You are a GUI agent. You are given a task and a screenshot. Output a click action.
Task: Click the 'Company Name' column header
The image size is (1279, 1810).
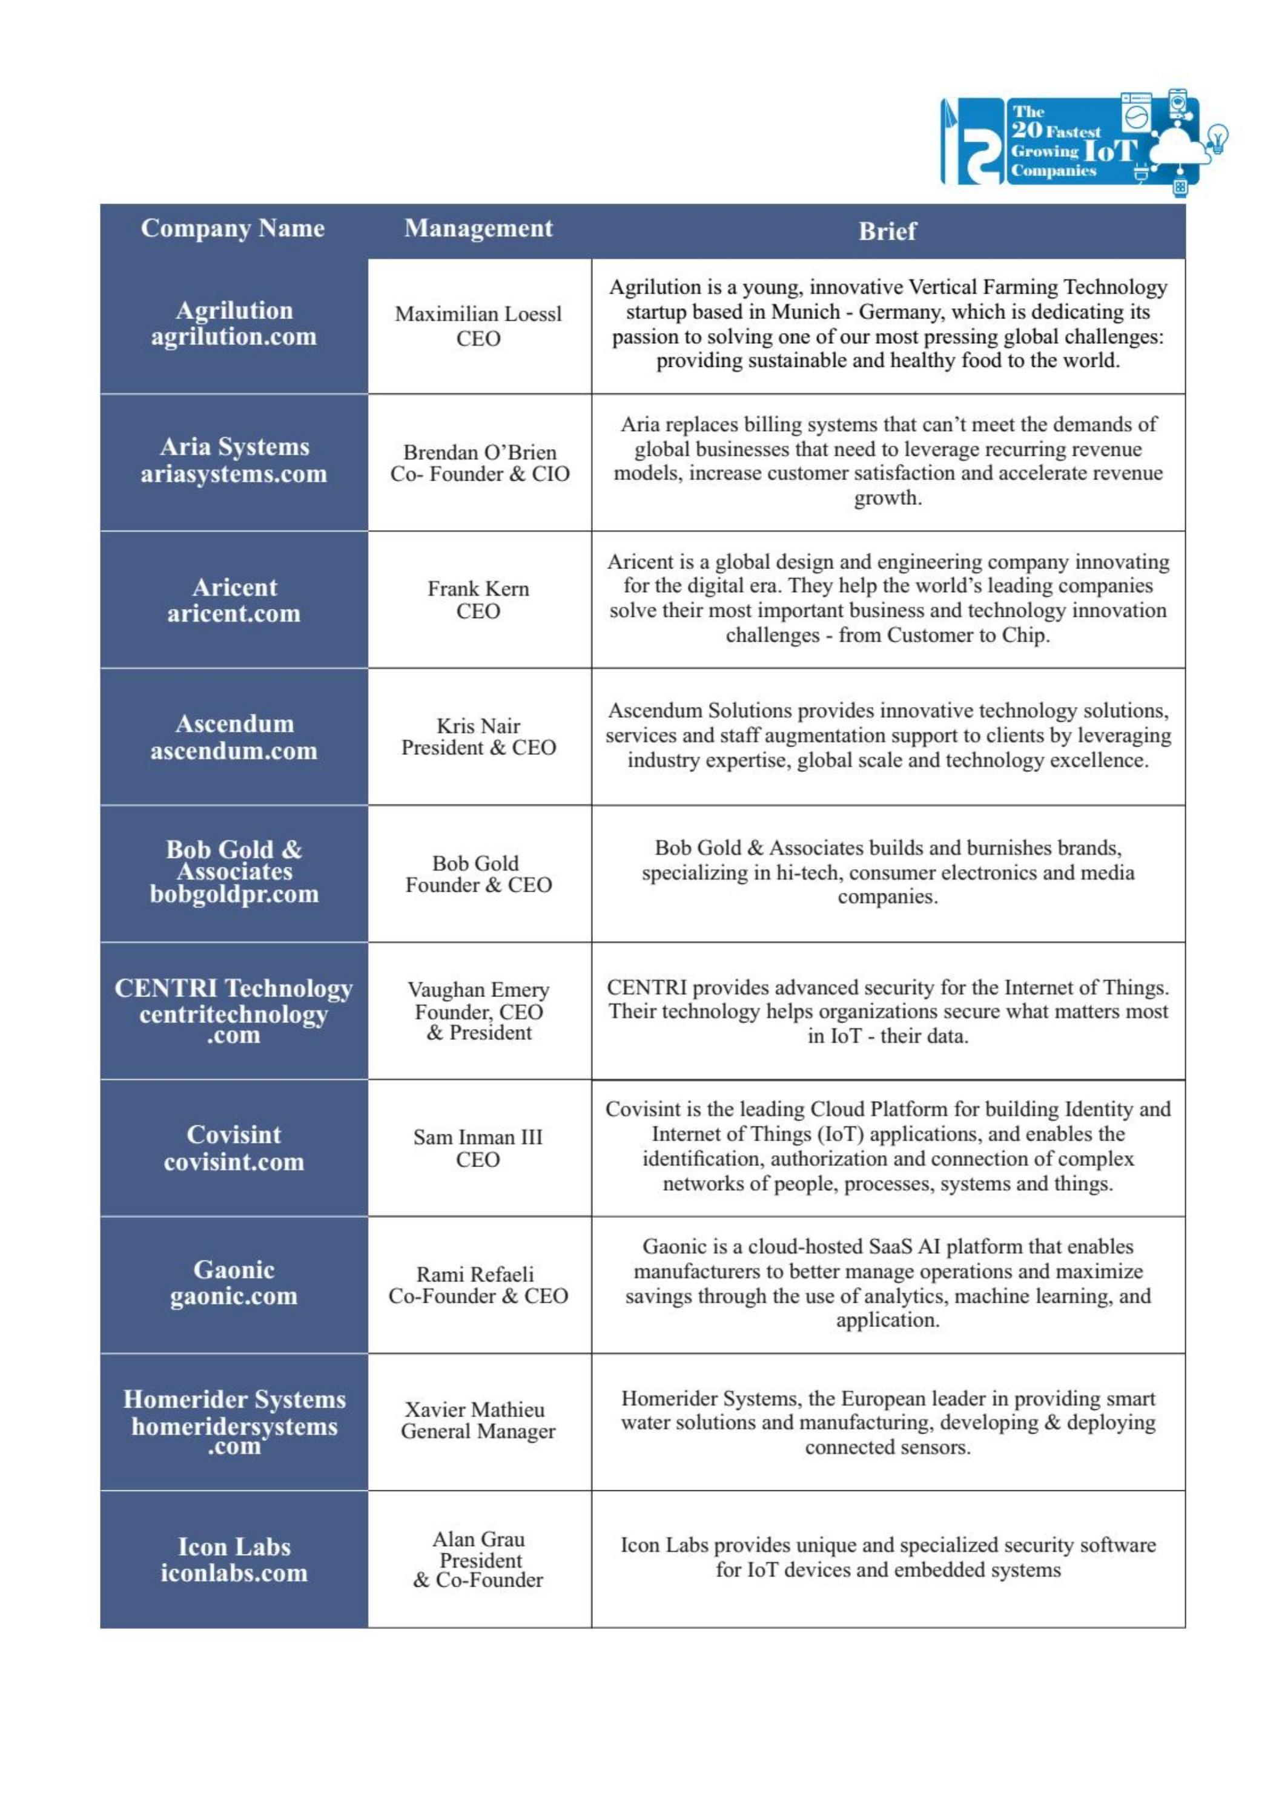233,229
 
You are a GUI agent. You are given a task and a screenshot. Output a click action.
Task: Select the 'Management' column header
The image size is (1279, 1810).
478,229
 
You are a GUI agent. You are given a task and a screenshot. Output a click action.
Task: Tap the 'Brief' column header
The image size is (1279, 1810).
887,231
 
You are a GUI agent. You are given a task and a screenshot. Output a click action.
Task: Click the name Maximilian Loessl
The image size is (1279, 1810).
478,314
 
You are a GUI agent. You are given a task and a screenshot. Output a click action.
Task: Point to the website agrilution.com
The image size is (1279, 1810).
233,337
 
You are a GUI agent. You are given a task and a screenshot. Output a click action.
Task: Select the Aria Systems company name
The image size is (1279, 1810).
234,447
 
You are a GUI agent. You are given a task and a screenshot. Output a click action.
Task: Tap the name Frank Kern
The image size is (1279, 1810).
478,589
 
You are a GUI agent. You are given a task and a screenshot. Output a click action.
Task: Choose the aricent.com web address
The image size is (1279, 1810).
233,613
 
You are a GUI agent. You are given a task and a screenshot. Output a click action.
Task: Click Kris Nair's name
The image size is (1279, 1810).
478,725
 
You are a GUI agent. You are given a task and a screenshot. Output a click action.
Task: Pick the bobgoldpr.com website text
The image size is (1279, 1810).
234,895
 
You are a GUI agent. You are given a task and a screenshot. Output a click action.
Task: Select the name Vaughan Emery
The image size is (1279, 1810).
478,989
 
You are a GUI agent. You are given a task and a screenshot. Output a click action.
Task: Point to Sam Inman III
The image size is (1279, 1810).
478,1137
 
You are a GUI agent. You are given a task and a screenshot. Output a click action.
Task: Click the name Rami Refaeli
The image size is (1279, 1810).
475,1274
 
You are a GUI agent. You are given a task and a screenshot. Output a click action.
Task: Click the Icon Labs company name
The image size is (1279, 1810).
234,1547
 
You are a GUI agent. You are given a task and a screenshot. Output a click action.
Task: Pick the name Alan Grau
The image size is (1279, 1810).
478,1539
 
